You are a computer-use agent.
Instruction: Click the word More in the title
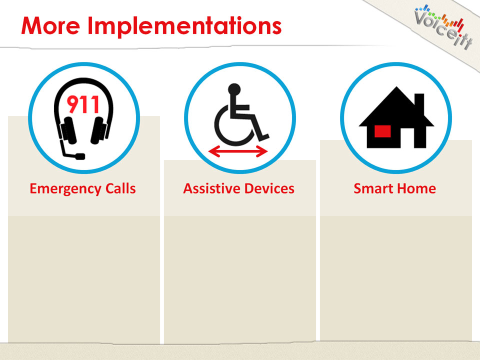click(x=51, y=25)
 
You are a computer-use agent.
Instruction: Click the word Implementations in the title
click(x=184, y=26)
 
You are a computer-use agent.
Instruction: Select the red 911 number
click(x=83, y=104)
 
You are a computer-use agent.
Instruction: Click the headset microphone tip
click(x=80, y=156)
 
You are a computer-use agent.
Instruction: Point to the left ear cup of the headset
click(x=68, y=130)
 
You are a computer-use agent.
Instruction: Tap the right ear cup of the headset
click(x=99, y=130)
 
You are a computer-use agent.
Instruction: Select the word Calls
click(x=120, y=188)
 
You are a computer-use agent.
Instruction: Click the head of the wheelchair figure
click(x=234, y=89)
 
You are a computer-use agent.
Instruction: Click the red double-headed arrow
click(x=238, y=151)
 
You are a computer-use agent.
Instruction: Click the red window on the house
click(x=382, y=131)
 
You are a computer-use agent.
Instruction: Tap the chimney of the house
click(x=419, y=103)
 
